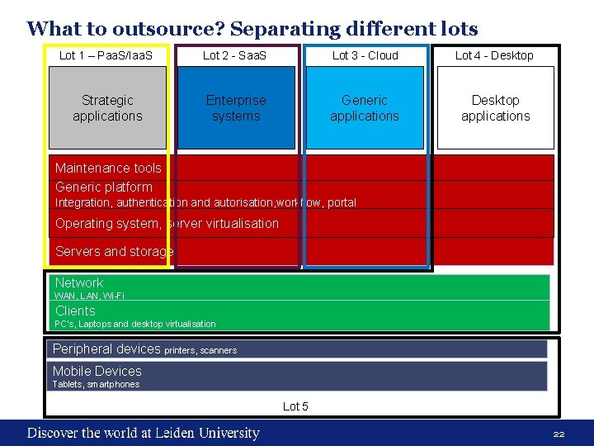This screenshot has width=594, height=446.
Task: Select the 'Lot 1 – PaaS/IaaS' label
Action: pyautogui.click(x=106, y=55)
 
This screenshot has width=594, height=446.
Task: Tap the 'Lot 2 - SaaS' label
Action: pyautogui.click(x=235, y=55)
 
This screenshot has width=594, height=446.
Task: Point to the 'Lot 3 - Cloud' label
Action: pyautogui.click(x=365, y=55)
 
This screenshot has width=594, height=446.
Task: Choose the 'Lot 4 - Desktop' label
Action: pyautogui.click(x=494, y=55)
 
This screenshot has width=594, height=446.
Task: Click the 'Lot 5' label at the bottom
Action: pyautogui.click(x=295, y=406)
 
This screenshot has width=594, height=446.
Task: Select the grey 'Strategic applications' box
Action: pyautogui.click(x=107, y=108)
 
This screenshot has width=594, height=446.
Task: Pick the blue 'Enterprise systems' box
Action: pyautogui.click(x=236, y=108)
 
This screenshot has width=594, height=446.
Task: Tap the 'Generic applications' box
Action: pyautogui.click(x=365, y=108)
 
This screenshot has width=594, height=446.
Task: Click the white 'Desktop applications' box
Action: pyautogui.click(x=495, y=108)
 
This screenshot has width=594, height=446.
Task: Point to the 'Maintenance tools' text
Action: pyautogui.click(x=108, y=168)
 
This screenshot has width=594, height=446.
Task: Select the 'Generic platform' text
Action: pyautogui.click(x=103, y=187)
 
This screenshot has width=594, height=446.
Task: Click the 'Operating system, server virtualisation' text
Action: pyautogui.click(x=167, y=223)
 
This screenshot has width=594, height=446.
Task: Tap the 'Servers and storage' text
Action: pyautogui.click(x=114, y=251)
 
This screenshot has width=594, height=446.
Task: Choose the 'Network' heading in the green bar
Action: pyautogui.click(x=78, y=282)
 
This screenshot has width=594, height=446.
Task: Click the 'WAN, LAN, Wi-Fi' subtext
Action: pyautogui.click(x=89, y=295)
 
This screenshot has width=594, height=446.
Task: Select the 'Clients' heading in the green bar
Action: pyautogui.click(x=75, y=311)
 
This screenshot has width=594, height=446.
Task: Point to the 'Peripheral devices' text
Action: pyautogui.click(x=106, y=349)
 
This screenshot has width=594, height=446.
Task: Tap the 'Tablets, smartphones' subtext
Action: pyautogui.click(x=96, y=384)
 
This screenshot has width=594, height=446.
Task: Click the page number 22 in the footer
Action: pyautogui.click(x=559, y=434)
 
